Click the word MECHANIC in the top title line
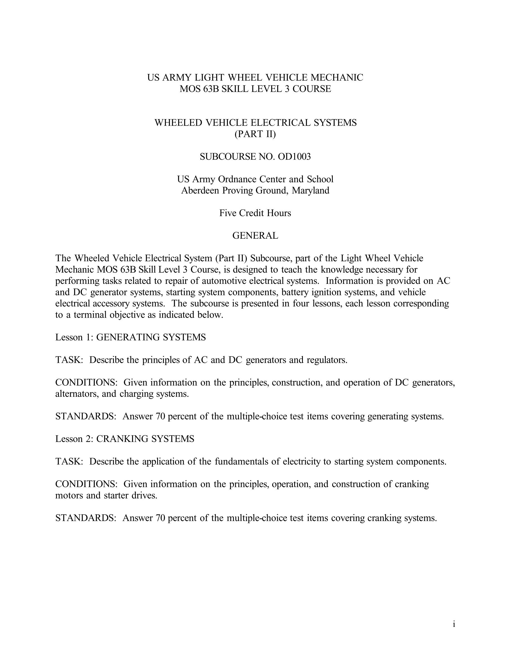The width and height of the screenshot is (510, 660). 336,78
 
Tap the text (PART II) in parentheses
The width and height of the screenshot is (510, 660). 255,134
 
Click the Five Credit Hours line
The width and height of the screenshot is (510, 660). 255,213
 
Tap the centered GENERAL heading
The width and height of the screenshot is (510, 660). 255,236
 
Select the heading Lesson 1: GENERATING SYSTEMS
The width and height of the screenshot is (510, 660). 130,337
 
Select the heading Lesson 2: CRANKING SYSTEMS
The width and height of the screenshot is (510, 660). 124,439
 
